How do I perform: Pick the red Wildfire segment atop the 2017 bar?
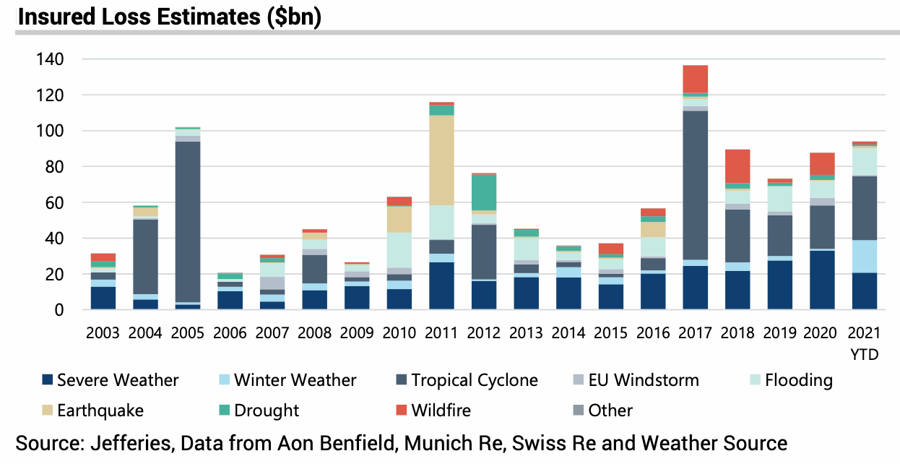coord(696,79)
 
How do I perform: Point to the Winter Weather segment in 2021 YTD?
coord(865,257)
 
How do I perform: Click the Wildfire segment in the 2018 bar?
coord(737,166)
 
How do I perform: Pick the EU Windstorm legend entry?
coord(636,380)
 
